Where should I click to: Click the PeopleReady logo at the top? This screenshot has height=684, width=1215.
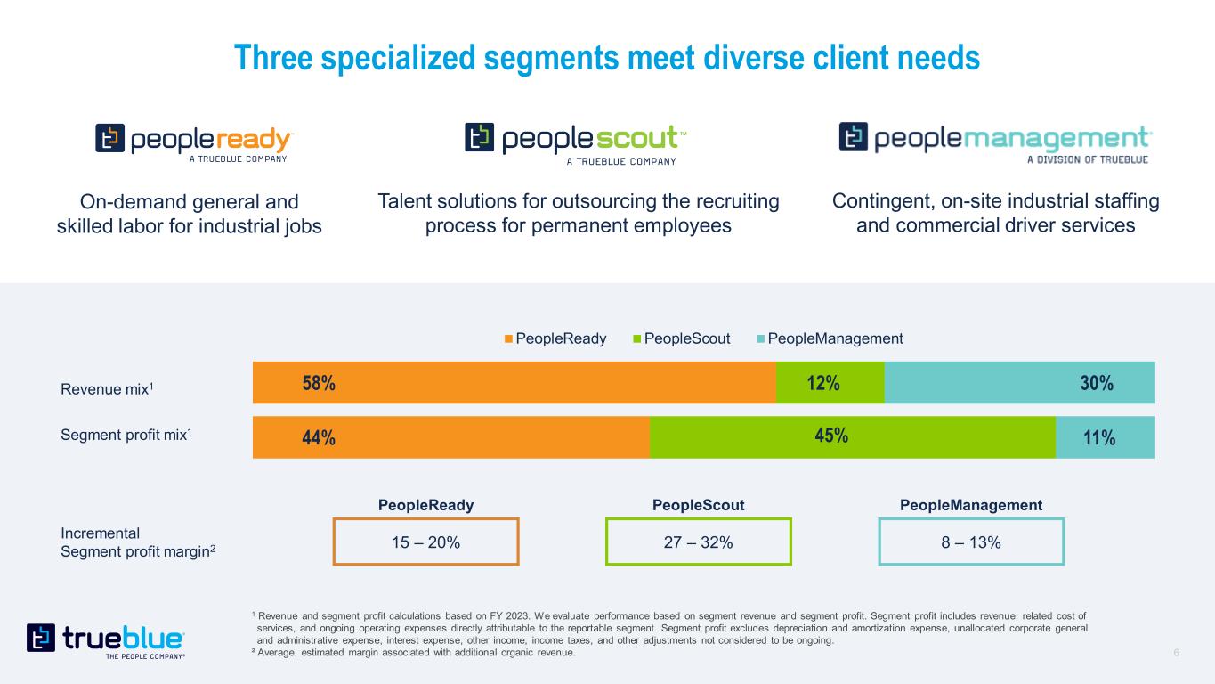click(194, 142)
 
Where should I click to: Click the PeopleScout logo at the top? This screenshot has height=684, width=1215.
click(576, 142)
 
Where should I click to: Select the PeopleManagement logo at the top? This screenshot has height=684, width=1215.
click(995, 142)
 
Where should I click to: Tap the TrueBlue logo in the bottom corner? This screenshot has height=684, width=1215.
click(106, 640)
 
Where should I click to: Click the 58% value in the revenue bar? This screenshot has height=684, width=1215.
click(318, 383)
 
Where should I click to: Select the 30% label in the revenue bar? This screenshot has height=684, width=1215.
click(1097, 383)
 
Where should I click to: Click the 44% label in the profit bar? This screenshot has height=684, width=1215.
click(318, 438)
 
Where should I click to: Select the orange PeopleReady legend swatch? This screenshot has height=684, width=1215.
click(508, 338)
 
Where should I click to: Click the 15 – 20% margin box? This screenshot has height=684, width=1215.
click(425, 541)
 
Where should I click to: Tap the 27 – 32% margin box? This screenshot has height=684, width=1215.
click(698, 541)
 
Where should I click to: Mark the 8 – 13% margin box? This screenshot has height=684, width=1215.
click(971, 541)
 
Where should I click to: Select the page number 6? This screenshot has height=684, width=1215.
click(1177, 653)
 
